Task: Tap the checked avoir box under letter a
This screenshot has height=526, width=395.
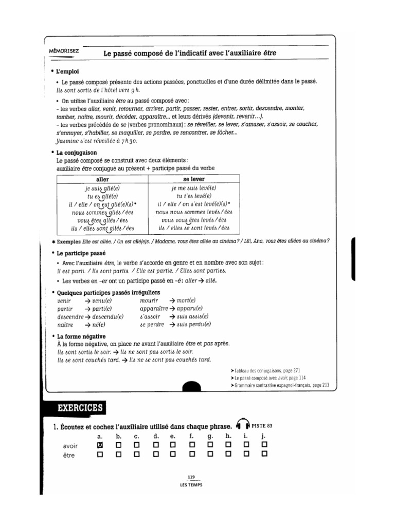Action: point(100,444)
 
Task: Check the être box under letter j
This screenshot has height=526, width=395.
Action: point(264,454)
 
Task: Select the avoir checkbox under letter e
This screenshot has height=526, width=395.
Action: point(173,444)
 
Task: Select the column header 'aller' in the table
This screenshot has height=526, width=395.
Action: point(103,179)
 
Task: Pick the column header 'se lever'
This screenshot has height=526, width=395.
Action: point(193,179)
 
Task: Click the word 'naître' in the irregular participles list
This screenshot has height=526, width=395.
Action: point(65,325)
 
